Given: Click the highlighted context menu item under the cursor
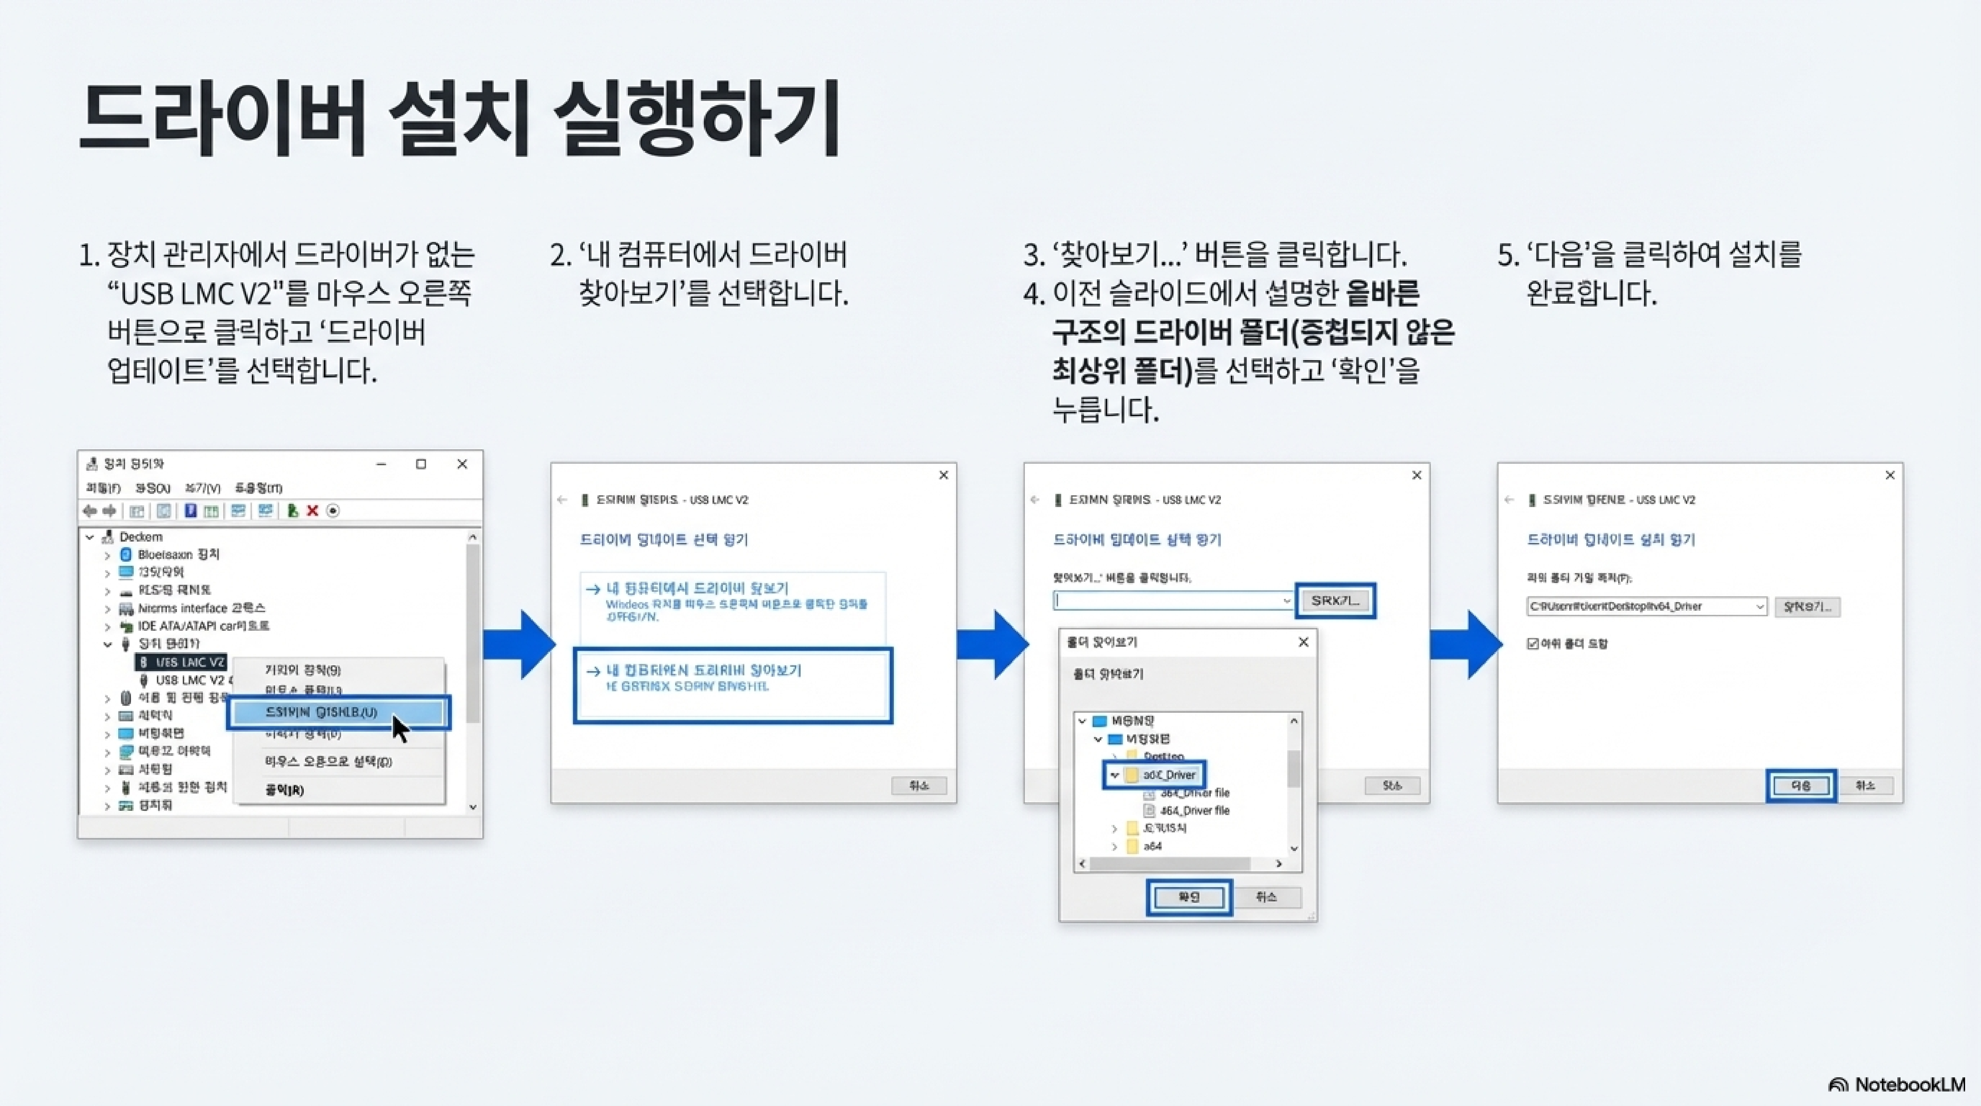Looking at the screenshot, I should [x=321, y=712].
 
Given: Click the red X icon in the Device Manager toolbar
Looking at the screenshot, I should [x=312, y=511].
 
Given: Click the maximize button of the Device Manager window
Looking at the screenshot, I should [x=421, y=464].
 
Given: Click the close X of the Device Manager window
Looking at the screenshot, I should [x=462, y=464].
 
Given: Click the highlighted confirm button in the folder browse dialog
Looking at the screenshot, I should [x=1189, y=897].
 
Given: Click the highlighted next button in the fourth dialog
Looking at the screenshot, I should [x=1800, y=785].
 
